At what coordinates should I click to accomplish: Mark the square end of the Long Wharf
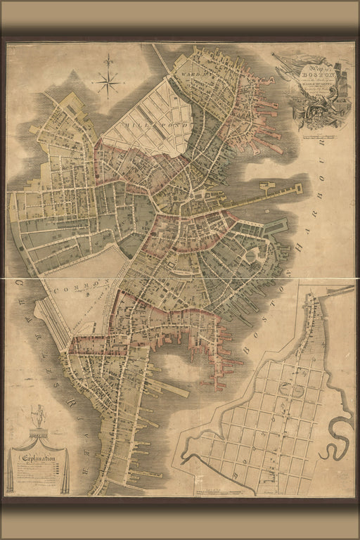click(297, 188)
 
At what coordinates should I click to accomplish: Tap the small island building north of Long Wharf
click(267, 186)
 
